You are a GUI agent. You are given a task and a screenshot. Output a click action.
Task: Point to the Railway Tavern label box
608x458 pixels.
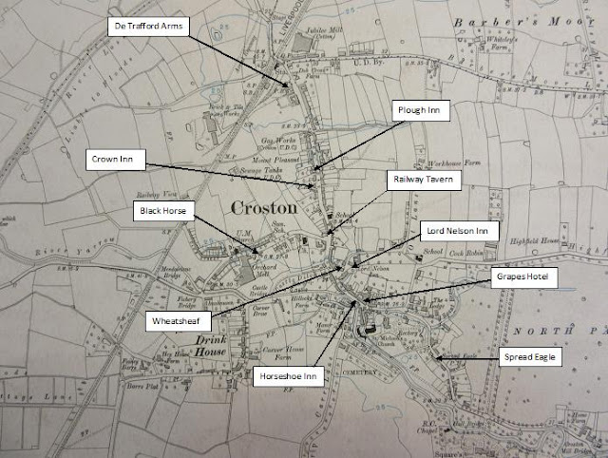click(424, 178)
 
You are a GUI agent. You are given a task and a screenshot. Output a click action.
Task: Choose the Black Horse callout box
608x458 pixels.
click(164, 207)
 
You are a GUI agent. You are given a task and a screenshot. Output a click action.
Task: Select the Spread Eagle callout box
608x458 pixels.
click(533, 357)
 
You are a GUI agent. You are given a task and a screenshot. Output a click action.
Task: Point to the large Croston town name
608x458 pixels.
click(266, 206)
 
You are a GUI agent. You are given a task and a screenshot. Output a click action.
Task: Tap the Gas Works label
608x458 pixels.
click(274, 139)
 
